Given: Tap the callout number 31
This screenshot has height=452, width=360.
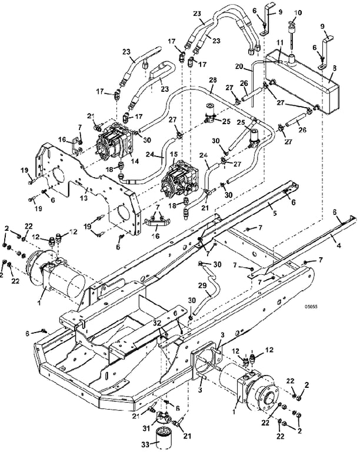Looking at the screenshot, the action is click(x=146, y=428).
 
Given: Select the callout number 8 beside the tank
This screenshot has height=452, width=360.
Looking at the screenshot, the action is click(x=334, y=69).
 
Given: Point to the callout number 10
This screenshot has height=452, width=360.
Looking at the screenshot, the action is click(x=298, y=13).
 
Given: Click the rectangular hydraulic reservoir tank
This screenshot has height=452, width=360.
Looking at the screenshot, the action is click(x=302, y=82).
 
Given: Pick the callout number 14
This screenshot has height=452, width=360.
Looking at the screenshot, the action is click(x=135, y=161).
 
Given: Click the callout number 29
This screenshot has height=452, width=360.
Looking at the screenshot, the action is click(x=202, y=285).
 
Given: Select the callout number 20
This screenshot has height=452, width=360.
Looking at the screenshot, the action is click(x=239, y=66).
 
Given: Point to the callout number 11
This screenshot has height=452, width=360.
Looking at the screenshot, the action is click(x=280, y=43).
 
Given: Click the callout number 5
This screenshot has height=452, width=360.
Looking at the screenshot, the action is click(x=275, y=213).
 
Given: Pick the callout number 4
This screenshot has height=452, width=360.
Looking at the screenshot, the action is click(x=339, y=246).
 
